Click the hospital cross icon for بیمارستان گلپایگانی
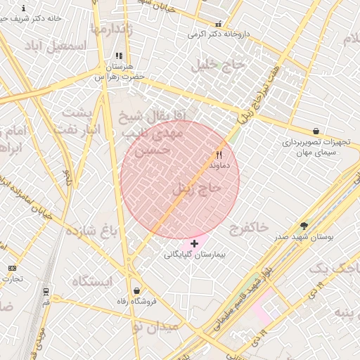pyautogui.click(x=194, y=243)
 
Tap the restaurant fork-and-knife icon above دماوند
pyautogui.click(x=219, y=155)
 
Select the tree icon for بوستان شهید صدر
pyautogui.click(x=304, y=226)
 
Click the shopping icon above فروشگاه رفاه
pyautogui.click(x=136, y=290)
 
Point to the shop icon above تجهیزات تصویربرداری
pyautogui.click(x=316, y=131)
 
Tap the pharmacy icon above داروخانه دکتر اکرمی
pyautogui.click(x=218, y=24)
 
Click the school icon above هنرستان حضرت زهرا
pyautogui.click(x=119, y=56)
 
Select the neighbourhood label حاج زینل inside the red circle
pyautogui.click(x=197, y=189)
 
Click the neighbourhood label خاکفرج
pyautogui.click(x=248, y=227)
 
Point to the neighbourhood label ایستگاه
pyautogui.click(x=92, y=281)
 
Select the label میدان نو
pyautogui.click(x=156, y=327)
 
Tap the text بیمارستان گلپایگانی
pyautogui.click(x=193, y=254)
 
